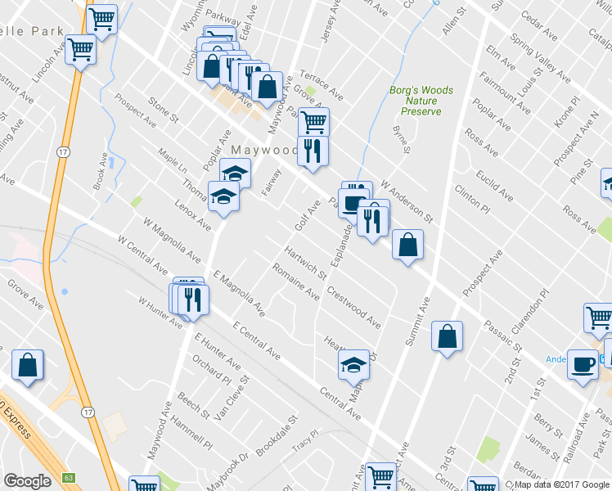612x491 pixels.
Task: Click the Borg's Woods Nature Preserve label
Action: coord(421,101)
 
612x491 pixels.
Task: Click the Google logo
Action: coord(27,481)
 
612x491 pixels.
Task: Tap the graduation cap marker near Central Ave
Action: coord(354,364)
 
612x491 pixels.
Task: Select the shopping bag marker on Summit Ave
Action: coord(447,337)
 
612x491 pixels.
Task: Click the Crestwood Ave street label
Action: coord(353,307)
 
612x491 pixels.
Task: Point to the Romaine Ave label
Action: coord(295,281)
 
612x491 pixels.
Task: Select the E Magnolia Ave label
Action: coord(238,295)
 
